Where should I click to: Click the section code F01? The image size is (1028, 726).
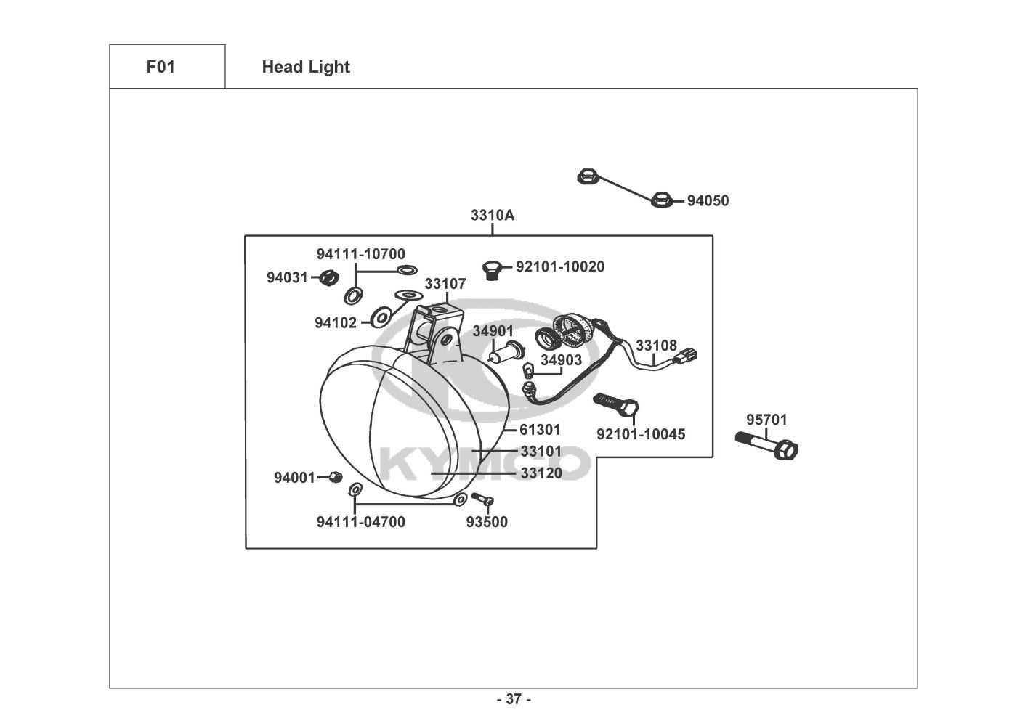(x=161, y=67)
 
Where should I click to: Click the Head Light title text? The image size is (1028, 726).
(x=306, y=67)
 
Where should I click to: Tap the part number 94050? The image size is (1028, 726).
(x=708, y=201)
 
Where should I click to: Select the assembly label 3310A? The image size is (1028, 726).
(x=493, y=215)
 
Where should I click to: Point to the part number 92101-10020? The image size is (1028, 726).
(x=560, y=266)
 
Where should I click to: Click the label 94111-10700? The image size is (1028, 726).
(x=360, y=254)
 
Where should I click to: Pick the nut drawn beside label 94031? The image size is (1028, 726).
(x=329, y=277)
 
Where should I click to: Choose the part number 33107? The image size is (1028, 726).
(x=445, y=284)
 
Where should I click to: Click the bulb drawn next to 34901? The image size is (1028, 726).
(x=503, y=355)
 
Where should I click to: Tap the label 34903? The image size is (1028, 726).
(x=562, y=360)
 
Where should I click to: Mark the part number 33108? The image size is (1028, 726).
(x=656, y=346)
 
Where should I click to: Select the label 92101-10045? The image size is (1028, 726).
(x=641, y=434)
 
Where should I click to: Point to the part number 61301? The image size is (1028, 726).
(x=541, y=430)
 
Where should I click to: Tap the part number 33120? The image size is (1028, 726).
(x=541, y=473)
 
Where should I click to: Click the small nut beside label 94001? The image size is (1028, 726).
(x=335, y=476)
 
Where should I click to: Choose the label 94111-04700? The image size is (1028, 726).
(x=361, y=522)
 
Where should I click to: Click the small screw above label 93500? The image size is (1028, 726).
(x=482, y=499)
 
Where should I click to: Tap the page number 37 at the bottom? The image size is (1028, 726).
(x=514, y=700)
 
